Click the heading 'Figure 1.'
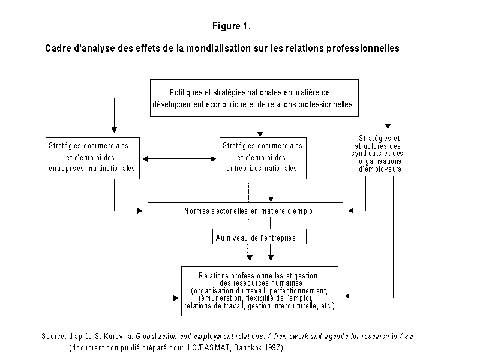pyautogui.click(x=232, y=26)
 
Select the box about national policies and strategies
pyautogui.click(x=254, y=98)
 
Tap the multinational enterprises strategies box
pyautogui.click(x=92, y=158)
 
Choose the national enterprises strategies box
pyautogui.click(x=263, y=158)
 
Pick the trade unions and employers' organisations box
pyautogui.click(x=379, y=152)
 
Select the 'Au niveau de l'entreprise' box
pyautogui.click(x=259, y=236)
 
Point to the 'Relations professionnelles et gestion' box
pyautogui.click(x=260, y=291)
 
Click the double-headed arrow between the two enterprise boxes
pyautogui.click(x=179, y=159)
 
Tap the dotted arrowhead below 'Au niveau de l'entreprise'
pyautogui.click(x=250, y=258)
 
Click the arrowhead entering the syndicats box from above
pyautogui.click(x=388, y=127)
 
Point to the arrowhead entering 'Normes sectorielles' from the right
pyautogui.click(x=351, y=211)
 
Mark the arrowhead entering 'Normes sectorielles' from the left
pyautogui.click(x=140, y=211)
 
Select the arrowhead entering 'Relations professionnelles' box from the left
pyautogui.click(x=176, y=298)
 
